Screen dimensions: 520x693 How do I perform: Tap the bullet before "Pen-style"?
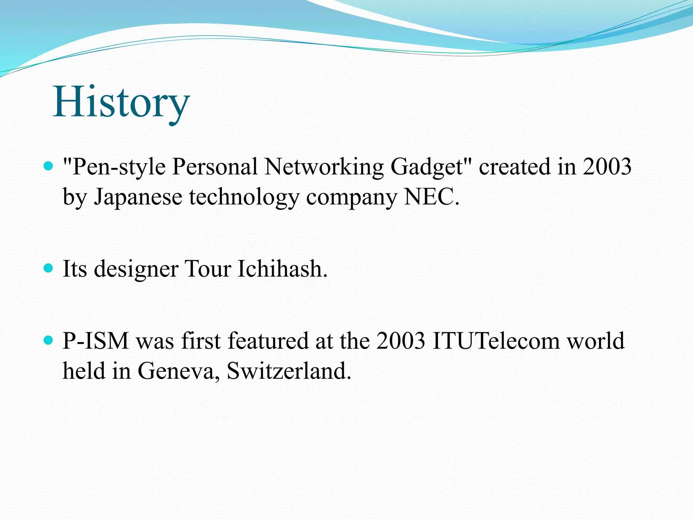(49, 166)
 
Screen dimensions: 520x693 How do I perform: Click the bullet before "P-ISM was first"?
(49, 340)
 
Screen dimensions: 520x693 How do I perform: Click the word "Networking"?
(324, 167)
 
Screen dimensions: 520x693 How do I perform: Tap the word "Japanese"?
(138, 197)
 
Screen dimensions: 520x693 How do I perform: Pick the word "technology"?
(244, 197)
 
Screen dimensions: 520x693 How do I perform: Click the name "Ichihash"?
(282, 269)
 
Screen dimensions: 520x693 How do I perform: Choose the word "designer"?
(136, 269)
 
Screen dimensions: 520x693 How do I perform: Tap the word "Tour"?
(208, 269)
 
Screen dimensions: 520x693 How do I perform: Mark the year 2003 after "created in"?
(607, 167)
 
